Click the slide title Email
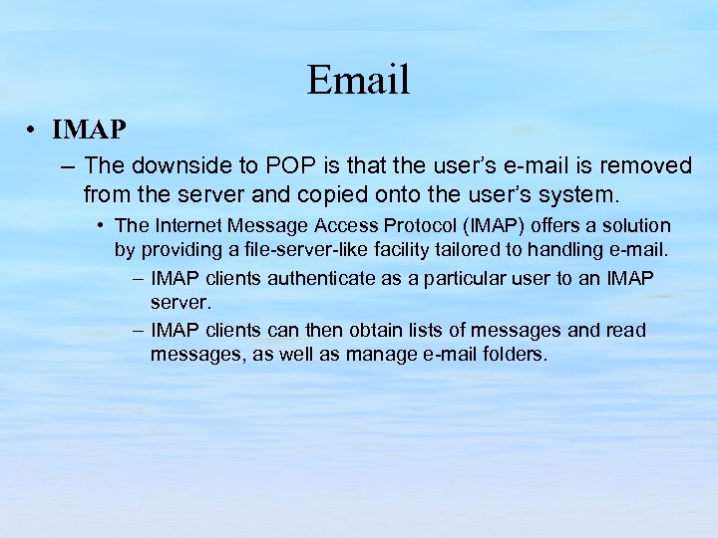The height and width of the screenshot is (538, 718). click(x=358, y=80)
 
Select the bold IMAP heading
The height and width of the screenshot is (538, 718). click(x=90, y=131)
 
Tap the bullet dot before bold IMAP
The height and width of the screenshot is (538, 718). click(x=33, y=131)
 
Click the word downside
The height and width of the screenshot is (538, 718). click(x=174, y=164)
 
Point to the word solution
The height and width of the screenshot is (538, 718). click(x=634, y=226)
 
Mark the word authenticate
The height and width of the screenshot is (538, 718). click(x=314, y=278)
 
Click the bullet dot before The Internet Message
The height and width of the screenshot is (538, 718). click(x=103, y=226)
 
